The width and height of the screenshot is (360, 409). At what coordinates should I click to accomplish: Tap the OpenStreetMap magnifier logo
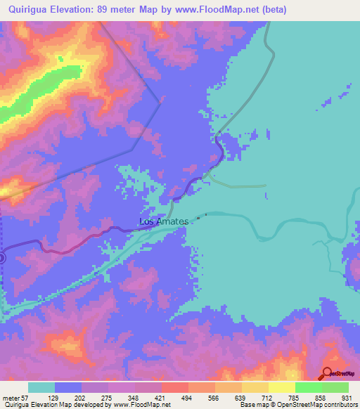(328, 373)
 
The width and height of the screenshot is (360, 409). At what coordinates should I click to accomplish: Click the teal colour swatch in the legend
(41, 387)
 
